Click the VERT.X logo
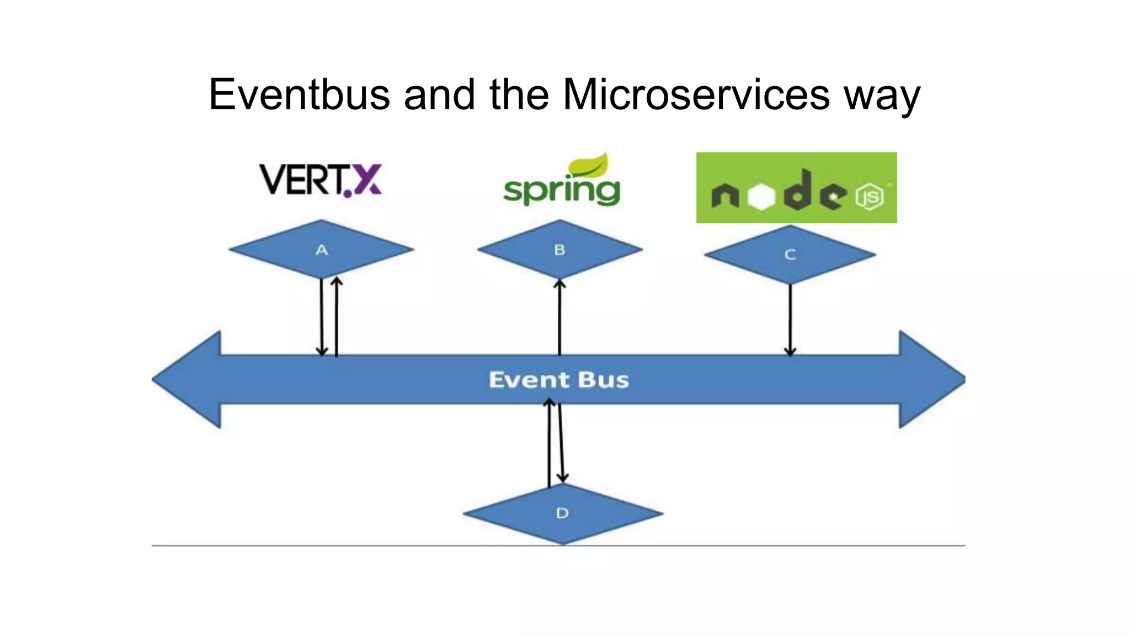pos(320,180)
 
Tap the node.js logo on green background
pos(796,188)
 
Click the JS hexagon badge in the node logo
pos(870,197)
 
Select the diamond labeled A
pos(321,250)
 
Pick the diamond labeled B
pos(559,250)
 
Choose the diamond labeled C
pos(790,255)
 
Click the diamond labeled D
pos(562,513)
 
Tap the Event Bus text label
pos(558,380)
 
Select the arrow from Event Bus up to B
pos(559,317)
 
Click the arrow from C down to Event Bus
pos(790,320)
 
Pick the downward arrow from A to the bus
pos(322,317)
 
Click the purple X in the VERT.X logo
pos(366,180)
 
